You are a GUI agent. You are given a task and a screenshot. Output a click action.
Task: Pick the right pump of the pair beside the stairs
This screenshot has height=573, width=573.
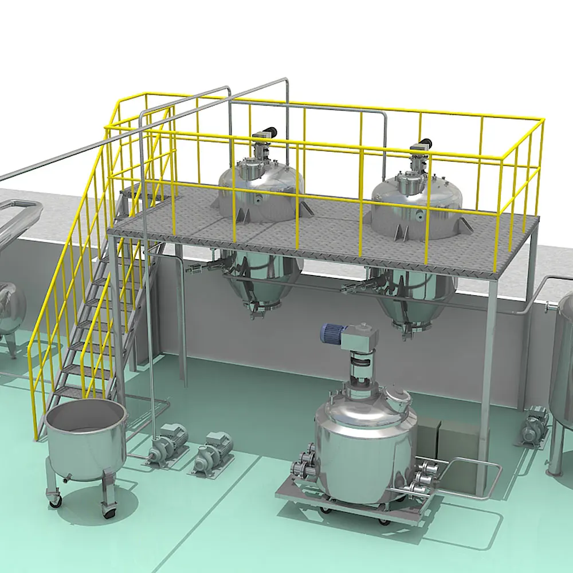click(x=213, y=453)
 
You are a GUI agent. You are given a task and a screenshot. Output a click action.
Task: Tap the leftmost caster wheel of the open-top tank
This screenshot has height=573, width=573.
click(x=56, y=500)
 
